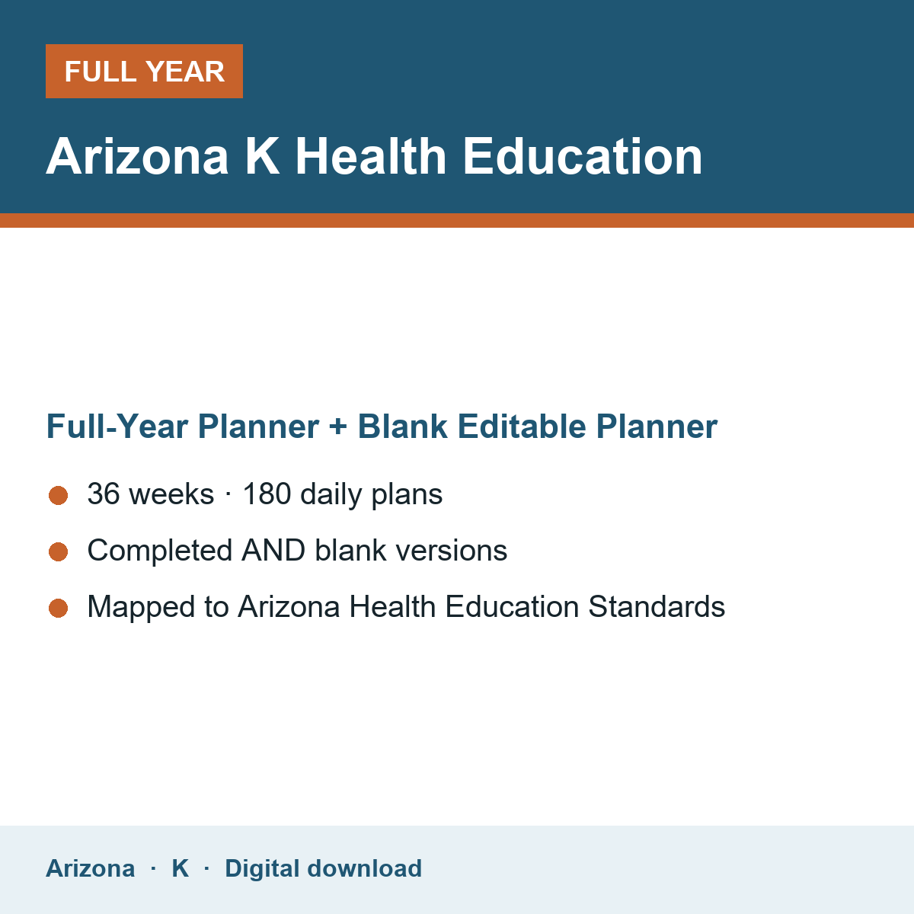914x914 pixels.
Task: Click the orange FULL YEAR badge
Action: tap(144, 71)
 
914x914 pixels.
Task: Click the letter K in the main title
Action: tap(262, 157)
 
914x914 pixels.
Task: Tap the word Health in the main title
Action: tap(371, 155)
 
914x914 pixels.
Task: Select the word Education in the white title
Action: tap(583, 155)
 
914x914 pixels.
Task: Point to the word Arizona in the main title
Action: tap(137, 156)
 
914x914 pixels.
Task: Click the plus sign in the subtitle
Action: tap(338, 427)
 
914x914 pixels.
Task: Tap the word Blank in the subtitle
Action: tap(402, 426)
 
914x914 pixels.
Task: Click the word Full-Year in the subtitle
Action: tap(117, 426)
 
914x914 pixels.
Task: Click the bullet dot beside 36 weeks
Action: tap(59, 496)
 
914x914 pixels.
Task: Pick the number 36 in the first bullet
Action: tap(104, 494)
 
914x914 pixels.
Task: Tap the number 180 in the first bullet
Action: tap(267, 494)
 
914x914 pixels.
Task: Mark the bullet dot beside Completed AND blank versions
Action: tap(59, 551)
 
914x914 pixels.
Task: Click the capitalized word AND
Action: tap(273, 551)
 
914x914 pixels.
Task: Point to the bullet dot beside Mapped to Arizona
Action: tap(59, 608)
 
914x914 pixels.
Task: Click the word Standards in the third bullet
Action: tap(657, 606)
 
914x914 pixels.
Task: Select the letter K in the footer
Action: tap(181, 868)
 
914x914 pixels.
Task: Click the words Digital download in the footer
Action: tap(324, 868)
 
